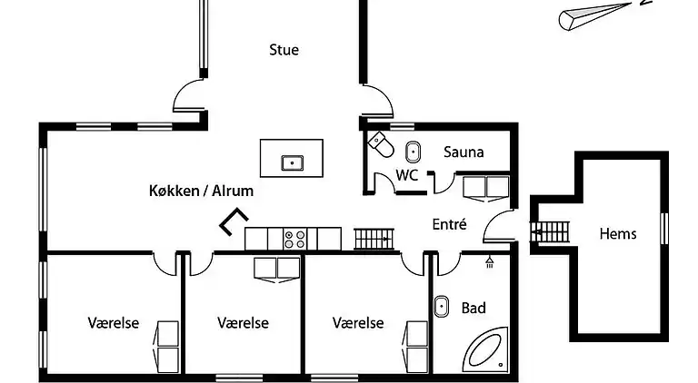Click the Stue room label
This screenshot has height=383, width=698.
[284, 50]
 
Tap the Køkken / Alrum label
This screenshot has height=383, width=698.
[201, 191]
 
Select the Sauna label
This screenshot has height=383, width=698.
[464, 152]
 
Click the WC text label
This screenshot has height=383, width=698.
[407, 175]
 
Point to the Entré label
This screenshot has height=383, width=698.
[449, 223]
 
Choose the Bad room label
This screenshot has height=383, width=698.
[474, 308]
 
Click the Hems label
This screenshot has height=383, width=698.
[618, 233]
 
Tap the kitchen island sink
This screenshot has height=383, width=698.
[291, 163]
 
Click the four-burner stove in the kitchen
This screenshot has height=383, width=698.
[294, 239]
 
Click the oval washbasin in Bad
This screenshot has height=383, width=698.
[443, 307]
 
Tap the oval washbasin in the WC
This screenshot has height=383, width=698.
[412, 152]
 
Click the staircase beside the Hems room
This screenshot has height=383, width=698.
[548, 232]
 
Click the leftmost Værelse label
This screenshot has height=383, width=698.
[114, 322]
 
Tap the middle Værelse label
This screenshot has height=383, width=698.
[243, 322]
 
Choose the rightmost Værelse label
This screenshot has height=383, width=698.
[358, 322]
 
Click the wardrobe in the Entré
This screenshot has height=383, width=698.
[485, 186]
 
